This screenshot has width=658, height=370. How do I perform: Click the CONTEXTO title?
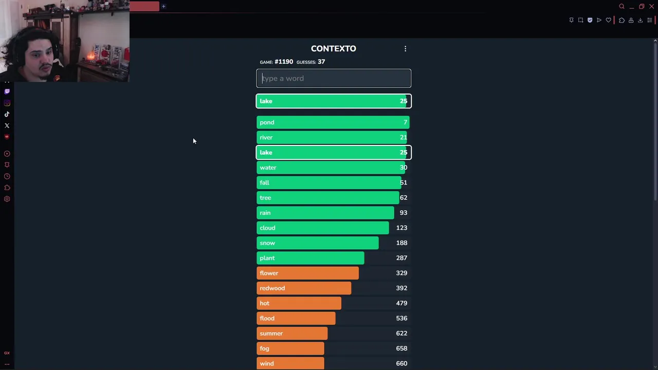333,48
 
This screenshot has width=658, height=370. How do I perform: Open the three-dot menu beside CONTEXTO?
405,48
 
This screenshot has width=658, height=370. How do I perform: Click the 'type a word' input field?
333,79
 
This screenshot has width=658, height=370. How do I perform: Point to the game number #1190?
284,62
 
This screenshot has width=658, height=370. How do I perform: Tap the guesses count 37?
321,62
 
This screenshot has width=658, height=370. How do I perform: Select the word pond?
267,122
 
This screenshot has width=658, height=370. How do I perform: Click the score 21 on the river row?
404,137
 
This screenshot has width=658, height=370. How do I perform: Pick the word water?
268,168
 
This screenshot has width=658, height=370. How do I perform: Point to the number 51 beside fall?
404,182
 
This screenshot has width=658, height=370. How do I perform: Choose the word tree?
265,198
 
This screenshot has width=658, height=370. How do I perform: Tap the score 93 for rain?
404,213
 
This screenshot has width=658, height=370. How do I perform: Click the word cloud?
267,228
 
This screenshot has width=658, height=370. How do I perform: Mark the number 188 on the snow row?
401,243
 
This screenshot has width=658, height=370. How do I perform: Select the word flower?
269,273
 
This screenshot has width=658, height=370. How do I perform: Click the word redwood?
272,288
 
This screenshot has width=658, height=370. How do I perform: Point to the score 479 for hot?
401,303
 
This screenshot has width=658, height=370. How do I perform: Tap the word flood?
267,318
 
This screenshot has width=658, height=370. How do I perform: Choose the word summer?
271,334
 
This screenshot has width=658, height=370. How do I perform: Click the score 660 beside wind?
401,363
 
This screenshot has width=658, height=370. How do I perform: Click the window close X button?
651,7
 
